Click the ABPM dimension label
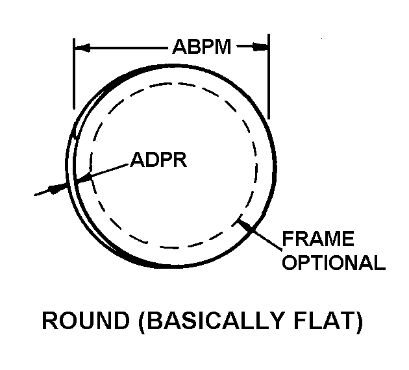click(202, 47)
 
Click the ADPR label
click(158, 159)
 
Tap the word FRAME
click(318, 238)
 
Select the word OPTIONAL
click(334, 262)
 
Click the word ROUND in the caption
click(86, 320)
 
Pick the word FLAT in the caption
click(323, 320)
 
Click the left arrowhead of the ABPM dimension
click(82, 47)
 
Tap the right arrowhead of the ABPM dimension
click(260, 47)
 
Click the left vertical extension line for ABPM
click(74, 73)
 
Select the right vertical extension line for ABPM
click(269, 77)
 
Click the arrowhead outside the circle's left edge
click(56, 188)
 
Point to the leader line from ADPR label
click(103, 173)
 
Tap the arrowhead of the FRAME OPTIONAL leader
click(245, 225)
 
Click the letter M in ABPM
click(223, 47)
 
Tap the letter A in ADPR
click(137, 159)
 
